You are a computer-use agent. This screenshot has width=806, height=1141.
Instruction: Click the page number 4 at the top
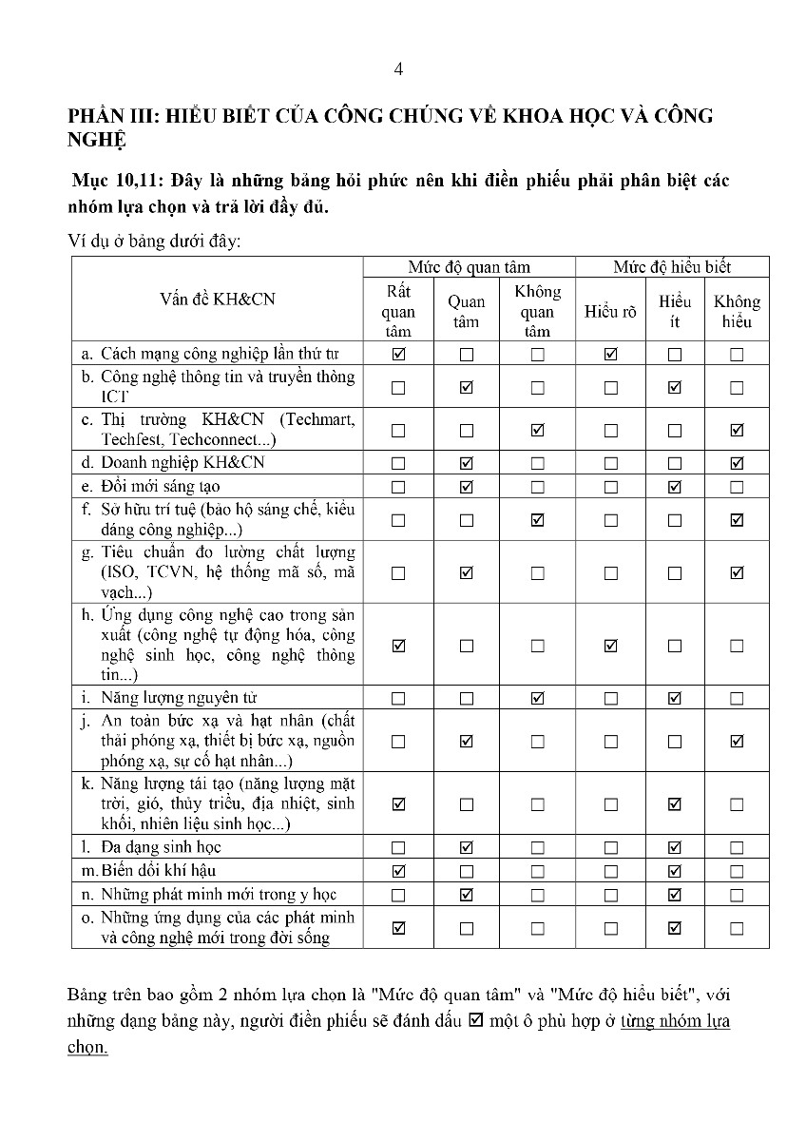(399, 69)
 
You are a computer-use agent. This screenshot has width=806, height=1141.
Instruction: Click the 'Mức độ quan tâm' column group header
(470, 267)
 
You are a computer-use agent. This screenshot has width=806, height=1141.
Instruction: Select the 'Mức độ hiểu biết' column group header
(672, 267)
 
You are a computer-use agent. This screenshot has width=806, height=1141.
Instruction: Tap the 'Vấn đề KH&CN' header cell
(218, 299)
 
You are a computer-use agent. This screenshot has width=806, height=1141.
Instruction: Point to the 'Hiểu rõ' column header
(610, 311)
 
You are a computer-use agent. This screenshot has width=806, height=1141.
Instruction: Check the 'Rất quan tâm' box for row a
(398, 355)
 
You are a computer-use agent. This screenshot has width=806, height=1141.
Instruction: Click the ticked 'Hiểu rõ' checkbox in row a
(610, 355)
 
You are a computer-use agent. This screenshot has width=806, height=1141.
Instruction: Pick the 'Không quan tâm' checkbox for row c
(538, 431)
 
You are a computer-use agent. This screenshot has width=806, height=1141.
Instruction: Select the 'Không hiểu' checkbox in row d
(737, 464)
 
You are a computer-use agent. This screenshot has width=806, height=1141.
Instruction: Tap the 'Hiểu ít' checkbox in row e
(675, 487)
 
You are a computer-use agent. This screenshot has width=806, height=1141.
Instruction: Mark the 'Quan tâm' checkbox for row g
(466, 572)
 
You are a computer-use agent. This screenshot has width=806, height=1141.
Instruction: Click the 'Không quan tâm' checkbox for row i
(538, 698)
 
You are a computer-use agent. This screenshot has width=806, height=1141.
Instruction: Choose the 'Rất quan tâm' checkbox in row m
(398, 871)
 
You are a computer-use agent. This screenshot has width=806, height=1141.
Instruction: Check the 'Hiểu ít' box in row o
(675, 928)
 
